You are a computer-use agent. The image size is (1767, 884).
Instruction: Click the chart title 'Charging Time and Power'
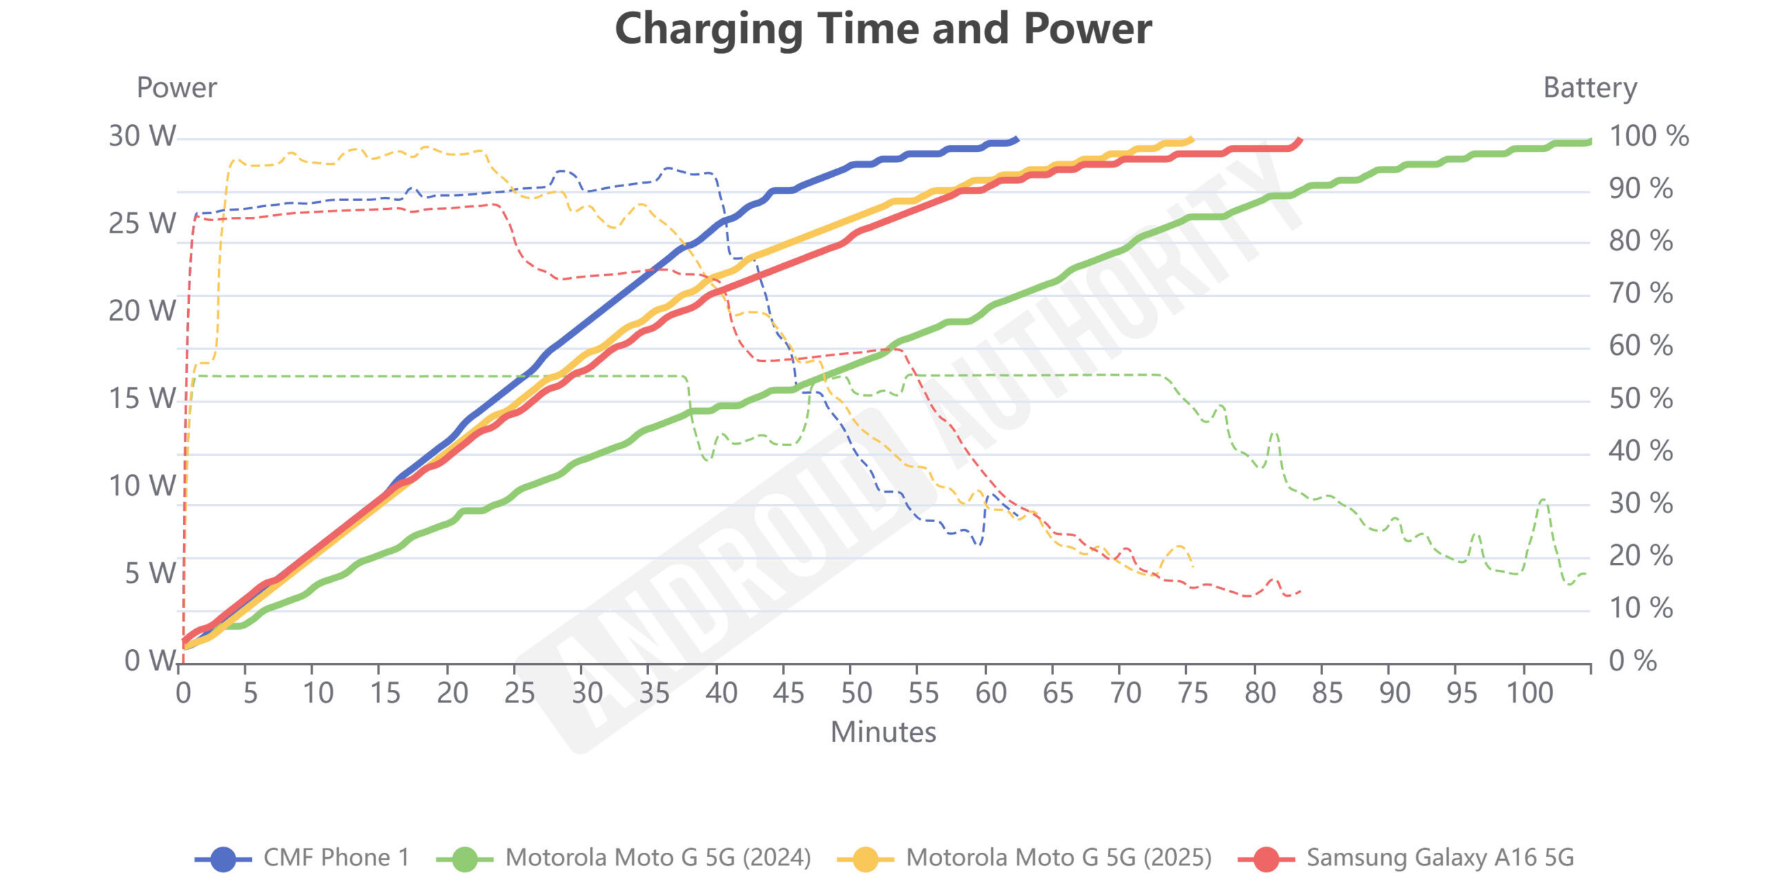[x=883, y=29]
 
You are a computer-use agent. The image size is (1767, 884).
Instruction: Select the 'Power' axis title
[x=177, y=88]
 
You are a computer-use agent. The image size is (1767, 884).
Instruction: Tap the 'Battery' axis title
[x=1590, y=88]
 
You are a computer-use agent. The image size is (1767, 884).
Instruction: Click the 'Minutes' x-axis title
[x=883, y=732]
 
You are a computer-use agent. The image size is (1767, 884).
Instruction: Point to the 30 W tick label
[x=142, y=136]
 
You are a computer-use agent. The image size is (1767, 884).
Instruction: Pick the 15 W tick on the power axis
[x=142, y=398]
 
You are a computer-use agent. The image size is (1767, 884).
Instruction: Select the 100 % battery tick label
[x=1649, y=136]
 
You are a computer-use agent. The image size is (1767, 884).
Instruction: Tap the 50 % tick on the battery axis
[x=1641, y=398]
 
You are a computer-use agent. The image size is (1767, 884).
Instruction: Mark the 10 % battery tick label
[x=1641, y=608]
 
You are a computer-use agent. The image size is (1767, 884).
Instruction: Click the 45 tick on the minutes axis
[x=788, y=693]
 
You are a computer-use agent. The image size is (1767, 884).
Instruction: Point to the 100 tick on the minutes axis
[x=1530, y=693]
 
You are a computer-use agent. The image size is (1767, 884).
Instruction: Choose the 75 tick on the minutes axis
[x=1193, y=693]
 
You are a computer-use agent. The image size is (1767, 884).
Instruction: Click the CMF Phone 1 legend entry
[x=302, y=858]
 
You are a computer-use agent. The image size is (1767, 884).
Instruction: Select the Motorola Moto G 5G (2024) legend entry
[x=624, y=858]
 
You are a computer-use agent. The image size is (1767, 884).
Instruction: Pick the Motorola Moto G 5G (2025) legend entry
[x=1024, y=858]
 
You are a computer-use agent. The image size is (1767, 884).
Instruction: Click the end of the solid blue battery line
[x=1017, y=139]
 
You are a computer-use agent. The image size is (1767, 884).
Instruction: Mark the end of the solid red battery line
[x=1300, y=140]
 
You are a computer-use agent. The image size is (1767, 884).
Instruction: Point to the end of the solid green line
[x=1590, y=142]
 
